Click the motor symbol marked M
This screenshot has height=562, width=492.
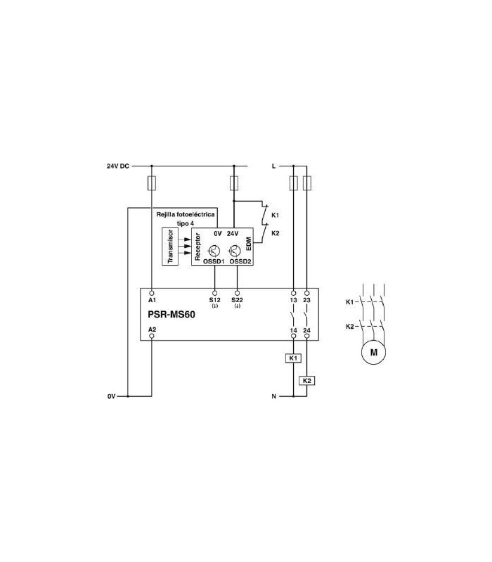[374, 352]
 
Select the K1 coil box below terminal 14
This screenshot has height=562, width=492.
[293, 358]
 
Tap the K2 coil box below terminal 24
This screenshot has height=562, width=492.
[307, 380]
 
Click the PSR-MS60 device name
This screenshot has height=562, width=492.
[171, 314]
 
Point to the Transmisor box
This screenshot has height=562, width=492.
[170, 247]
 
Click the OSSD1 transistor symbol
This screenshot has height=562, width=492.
[214, 251]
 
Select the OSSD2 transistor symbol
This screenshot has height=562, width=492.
[235, 251]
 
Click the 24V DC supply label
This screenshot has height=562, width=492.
[117, 166]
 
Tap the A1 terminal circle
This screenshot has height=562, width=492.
[152, 293]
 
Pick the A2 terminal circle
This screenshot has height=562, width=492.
[152, 336]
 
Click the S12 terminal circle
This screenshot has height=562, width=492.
[215, 293]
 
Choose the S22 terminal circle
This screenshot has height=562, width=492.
[237, 293]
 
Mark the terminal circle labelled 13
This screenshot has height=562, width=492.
[293, 293]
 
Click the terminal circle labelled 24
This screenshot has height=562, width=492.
[307, 336]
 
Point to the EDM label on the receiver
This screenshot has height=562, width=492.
[249, 244]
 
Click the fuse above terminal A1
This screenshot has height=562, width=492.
[152, 183]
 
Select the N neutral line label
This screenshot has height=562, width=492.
[274, 396]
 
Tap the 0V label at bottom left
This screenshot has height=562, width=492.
[111, 396]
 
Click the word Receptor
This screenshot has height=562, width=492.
[198, 247]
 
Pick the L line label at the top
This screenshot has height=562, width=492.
[273, 166]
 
